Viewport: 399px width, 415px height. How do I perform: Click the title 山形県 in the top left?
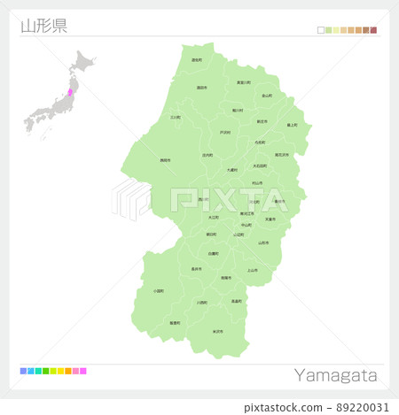[43, 25]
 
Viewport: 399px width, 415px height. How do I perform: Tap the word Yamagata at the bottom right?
[335, 375]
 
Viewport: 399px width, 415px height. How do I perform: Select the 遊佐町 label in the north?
[196, 60]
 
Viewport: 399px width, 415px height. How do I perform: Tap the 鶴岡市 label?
[165, 160]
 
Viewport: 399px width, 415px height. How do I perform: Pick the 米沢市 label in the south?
[217, 331]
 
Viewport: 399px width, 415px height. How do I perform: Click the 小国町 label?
[158, 290]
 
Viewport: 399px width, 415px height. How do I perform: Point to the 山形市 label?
[263, 242]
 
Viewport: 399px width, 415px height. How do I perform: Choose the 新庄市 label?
[262, 121]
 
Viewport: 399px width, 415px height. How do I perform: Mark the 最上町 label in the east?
[292, 125]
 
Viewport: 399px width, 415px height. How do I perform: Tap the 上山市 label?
[252, 270]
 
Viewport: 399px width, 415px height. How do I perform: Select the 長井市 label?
[196, 268]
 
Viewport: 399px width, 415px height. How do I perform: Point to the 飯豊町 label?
[175, 323]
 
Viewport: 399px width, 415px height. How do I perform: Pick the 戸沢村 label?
[224, 133]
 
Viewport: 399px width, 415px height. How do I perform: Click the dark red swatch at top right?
[373, 31]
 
